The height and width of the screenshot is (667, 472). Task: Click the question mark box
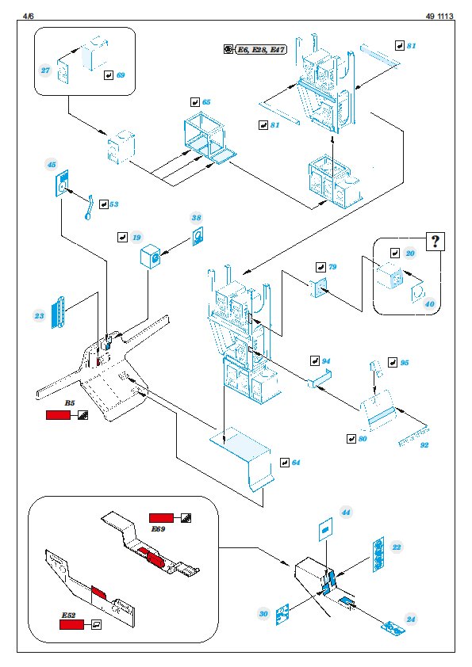pyautogui.click(x=436, y=242)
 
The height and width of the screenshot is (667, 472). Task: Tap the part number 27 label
pyautogui.click(x=45, y=71)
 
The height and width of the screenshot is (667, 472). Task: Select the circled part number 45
pyautogui.click(x=51, y=165)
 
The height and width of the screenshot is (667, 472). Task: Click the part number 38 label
pyautogui.click(x=196, y=218)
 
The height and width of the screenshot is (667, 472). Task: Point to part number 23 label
pyautogui.click(x=39, y=315)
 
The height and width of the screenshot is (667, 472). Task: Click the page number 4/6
pyautogui.click(x=28, y=16)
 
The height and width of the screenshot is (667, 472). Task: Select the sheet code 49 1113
pyautogui.click(x=439, y=16)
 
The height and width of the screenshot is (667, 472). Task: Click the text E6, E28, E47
pyautogui.click(x=261, y=50)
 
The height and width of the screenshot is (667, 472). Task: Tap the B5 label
pyautogui.click(x=70, y=403)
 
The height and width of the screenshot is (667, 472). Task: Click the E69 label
pyautogui.click(x=158, y=528)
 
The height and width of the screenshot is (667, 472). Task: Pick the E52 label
pyautogui.click(x=68, y=615)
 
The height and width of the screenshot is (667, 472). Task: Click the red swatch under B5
pyautogui.click(x=59, y=415)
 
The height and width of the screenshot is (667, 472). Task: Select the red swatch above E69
pyautogui.click(x=162, y=518)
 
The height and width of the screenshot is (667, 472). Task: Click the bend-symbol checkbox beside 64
pyautogui.click(x=285, y=463)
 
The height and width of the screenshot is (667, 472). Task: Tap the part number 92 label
pyautogui.click(x=424, y=445)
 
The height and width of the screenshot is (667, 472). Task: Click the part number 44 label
pyautogui.click(x=346, y=513)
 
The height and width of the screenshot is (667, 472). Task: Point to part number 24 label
pyautogui.click(x=411, y=619)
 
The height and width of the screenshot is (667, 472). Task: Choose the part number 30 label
pyautogui.click(x=263, y=613)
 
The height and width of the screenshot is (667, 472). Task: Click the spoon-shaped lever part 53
pyautogui.click(x=89, y=208)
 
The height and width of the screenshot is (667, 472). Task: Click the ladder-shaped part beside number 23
pyautogui.click(x=59, y=312)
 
